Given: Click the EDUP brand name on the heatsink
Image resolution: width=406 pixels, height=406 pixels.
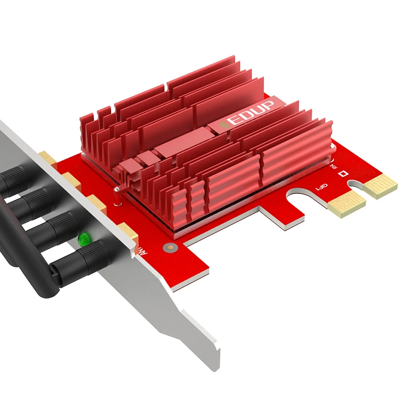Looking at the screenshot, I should [252, 113].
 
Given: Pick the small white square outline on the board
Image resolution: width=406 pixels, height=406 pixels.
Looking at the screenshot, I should [345, 173].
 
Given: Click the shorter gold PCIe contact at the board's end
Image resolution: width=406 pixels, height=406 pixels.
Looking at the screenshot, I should [381, 186].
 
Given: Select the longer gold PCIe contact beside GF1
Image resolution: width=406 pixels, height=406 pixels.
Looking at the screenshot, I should [347, 204].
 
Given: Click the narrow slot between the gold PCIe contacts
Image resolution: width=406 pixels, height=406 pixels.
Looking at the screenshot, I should [361, 192].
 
